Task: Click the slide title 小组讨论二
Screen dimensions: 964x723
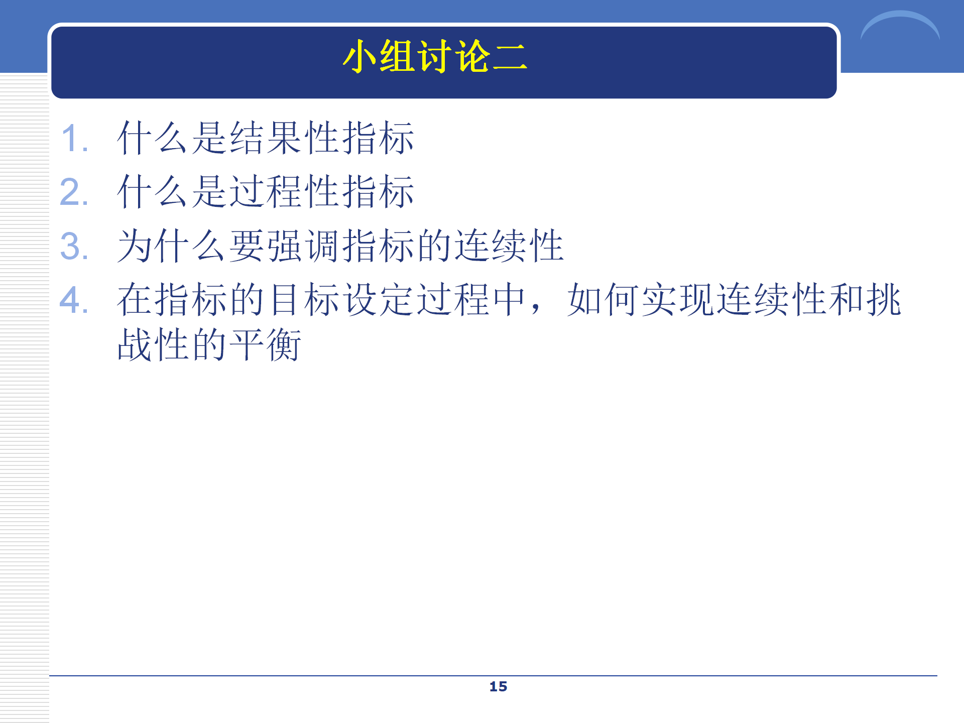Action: tap(435, 56)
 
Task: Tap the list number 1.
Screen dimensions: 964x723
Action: tap(74, 138)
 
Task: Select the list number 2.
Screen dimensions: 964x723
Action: tap(74, 192)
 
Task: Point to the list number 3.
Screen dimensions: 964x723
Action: tap(74, 246)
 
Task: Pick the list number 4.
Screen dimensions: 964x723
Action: tap(74, 300)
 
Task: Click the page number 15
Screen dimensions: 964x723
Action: tap(498, 686)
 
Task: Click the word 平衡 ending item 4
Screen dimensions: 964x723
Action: tap(266, 345)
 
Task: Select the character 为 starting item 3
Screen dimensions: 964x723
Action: tap(135, 246)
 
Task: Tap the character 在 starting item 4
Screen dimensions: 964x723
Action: tap(135, 300)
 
